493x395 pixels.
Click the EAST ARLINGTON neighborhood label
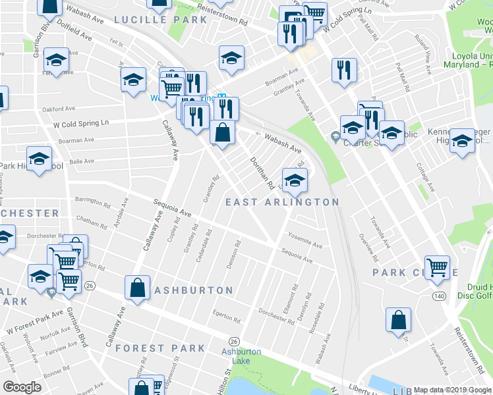tap(282, 202)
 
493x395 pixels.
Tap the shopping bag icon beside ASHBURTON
tap(136, 288)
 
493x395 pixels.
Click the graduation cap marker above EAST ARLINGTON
tap(295, 180)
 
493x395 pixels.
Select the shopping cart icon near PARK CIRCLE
tap(437, 268)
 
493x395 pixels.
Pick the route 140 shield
tap(439, 296)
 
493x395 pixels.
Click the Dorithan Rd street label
tap(261, 172)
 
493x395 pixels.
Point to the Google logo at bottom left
tap(22, 387)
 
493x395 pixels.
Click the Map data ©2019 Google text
tap(451, 390)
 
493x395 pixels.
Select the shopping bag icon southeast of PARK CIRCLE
tap(399, 321)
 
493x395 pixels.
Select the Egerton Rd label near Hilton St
tap(227, 317)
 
